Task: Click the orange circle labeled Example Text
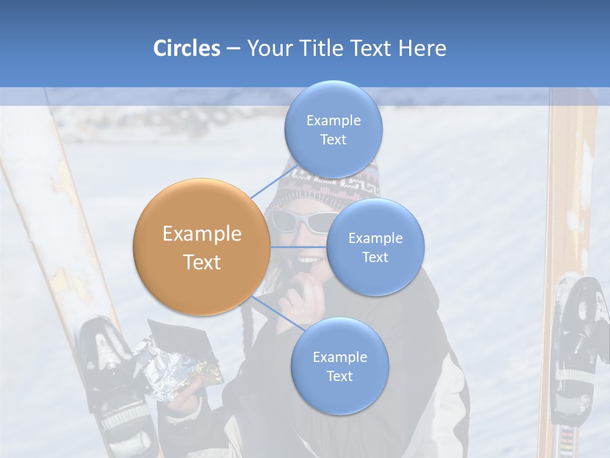(x=201, y=247)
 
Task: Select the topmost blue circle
(x=333, y=129)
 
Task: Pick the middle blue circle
(x=375, y=247)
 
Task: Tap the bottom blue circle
(x=339, y=366)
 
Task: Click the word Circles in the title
(x=187, y=48)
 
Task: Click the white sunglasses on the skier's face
(x=299, y=221)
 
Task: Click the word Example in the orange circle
(x=201, y=234)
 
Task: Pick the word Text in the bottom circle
(x=339, y=376)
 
